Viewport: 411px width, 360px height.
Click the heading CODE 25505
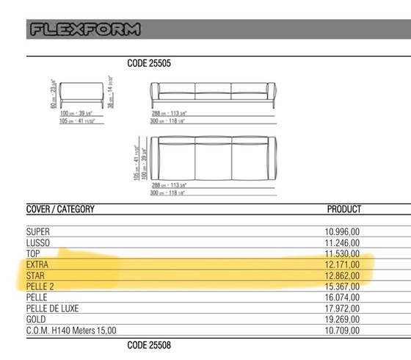pyautogui.click(x=149, y=64)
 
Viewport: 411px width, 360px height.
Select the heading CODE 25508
pyautogui.click(x=149, y=344)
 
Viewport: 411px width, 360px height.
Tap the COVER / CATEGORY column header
pyautogui.click(x=61, y=209)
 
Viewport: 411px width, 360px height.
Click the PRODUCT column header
pyautogui.click(x=343, y=209)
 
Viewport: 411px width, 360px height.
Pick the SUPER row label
pyautogui.click(x=37, y=232)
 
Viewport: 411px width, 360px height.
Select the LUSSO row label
pyautogui.click(x=38, y=243)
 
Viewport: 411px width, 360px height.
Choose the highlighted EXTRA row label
pyautogui.click(x=38, y=264)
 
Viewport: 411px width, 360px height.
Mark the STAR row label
pyautogui.click(x=37, y=276)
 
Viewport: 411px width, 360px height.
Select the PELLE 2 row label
pyautogui.click(x=41, y=287)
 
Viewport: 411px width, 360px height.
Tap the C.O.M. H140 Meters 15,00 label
pyautogui.click(x=71, y=331)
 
